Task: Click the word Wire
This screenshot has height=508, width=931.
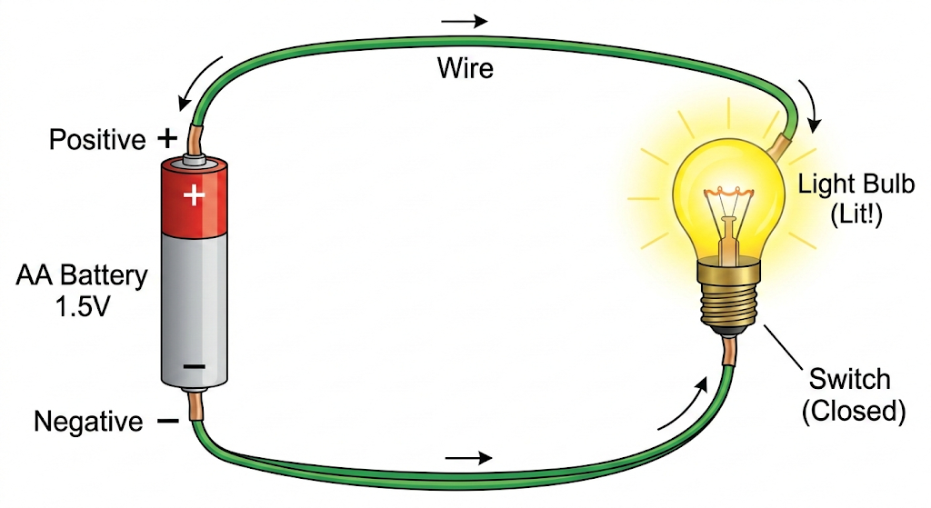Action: [x=465, y=67]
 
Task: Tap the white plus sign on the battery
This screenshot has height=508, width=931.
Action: [x=194, y=194]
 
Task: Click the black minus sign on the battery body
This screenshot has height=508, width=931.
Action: [x=194, y=366]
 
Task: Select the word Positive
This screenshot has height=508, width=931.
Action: [x=97, y=140]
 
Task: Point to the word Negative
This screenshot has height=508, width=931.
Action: [x=88, y=422]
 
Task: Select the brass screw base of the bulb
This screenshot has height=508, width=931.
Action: [x=730, y=293]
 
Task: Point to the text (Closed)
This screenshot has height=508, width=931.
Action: [x=854, y=411]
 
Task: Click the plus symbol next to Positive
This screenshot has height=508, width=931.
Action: [x=166, y=138]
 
